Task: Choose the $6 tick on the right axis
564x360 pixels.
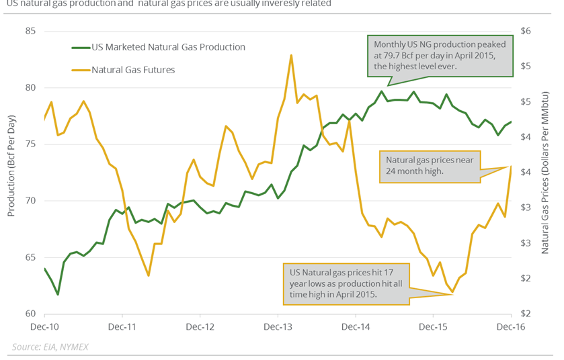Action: coord(526,32)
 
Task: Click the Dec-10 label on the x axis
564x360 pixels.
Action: coord(44,328)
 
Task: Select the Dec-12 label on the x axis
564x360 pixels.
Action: coord(200,328)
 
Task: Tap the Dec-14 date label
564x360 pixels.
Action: coord(355,328)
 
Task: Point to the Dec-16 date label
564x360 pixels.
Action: coord(511,328)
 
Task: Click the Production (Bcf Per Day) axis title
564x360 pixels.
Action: coord(11,173)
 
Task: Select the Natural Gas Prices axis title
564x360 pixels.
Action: coord(547,173)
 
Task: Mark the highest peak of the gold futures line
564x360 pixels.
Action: coord(291,55)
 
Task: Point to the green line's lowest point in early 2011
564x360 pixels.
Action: coord(57,294)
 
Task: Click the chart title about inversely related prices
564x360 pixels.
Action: coord(168,3)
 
